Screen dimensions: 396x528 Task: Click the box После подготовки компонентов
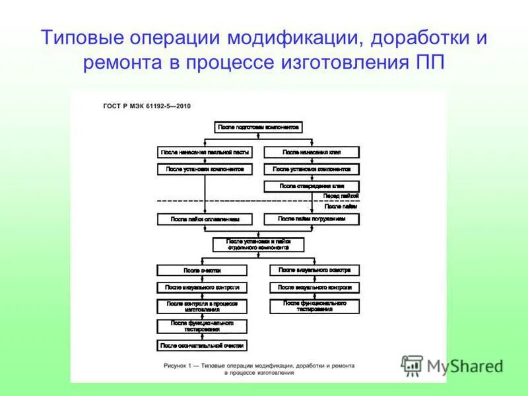click(259, 126)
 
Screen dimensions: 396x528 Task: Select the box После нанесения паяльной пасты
click(205, 152)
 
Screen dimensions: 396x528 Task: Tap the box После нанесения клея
click(312, 152)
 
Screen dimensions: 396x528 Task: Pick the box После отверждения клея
click(312, 186)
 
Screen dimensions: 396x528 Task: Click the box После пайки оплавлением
click(205, 218)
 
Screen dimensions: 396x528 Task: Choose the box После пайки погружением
click(312, 218)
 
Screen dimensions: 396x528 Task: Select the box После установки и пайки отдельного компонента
click(259, 244)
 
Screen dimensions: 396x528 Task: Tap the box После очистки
click(202, 271)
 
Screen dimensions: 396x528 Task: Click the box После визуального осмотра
click(315, 270)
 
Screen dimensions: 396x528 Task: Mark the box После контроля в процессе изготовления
click(202, 306)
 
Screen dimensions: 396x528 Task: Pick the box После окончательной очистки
click(202, 345)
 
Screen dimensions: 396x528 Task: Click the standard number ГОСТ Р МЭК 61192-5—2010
click(147, 106)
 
